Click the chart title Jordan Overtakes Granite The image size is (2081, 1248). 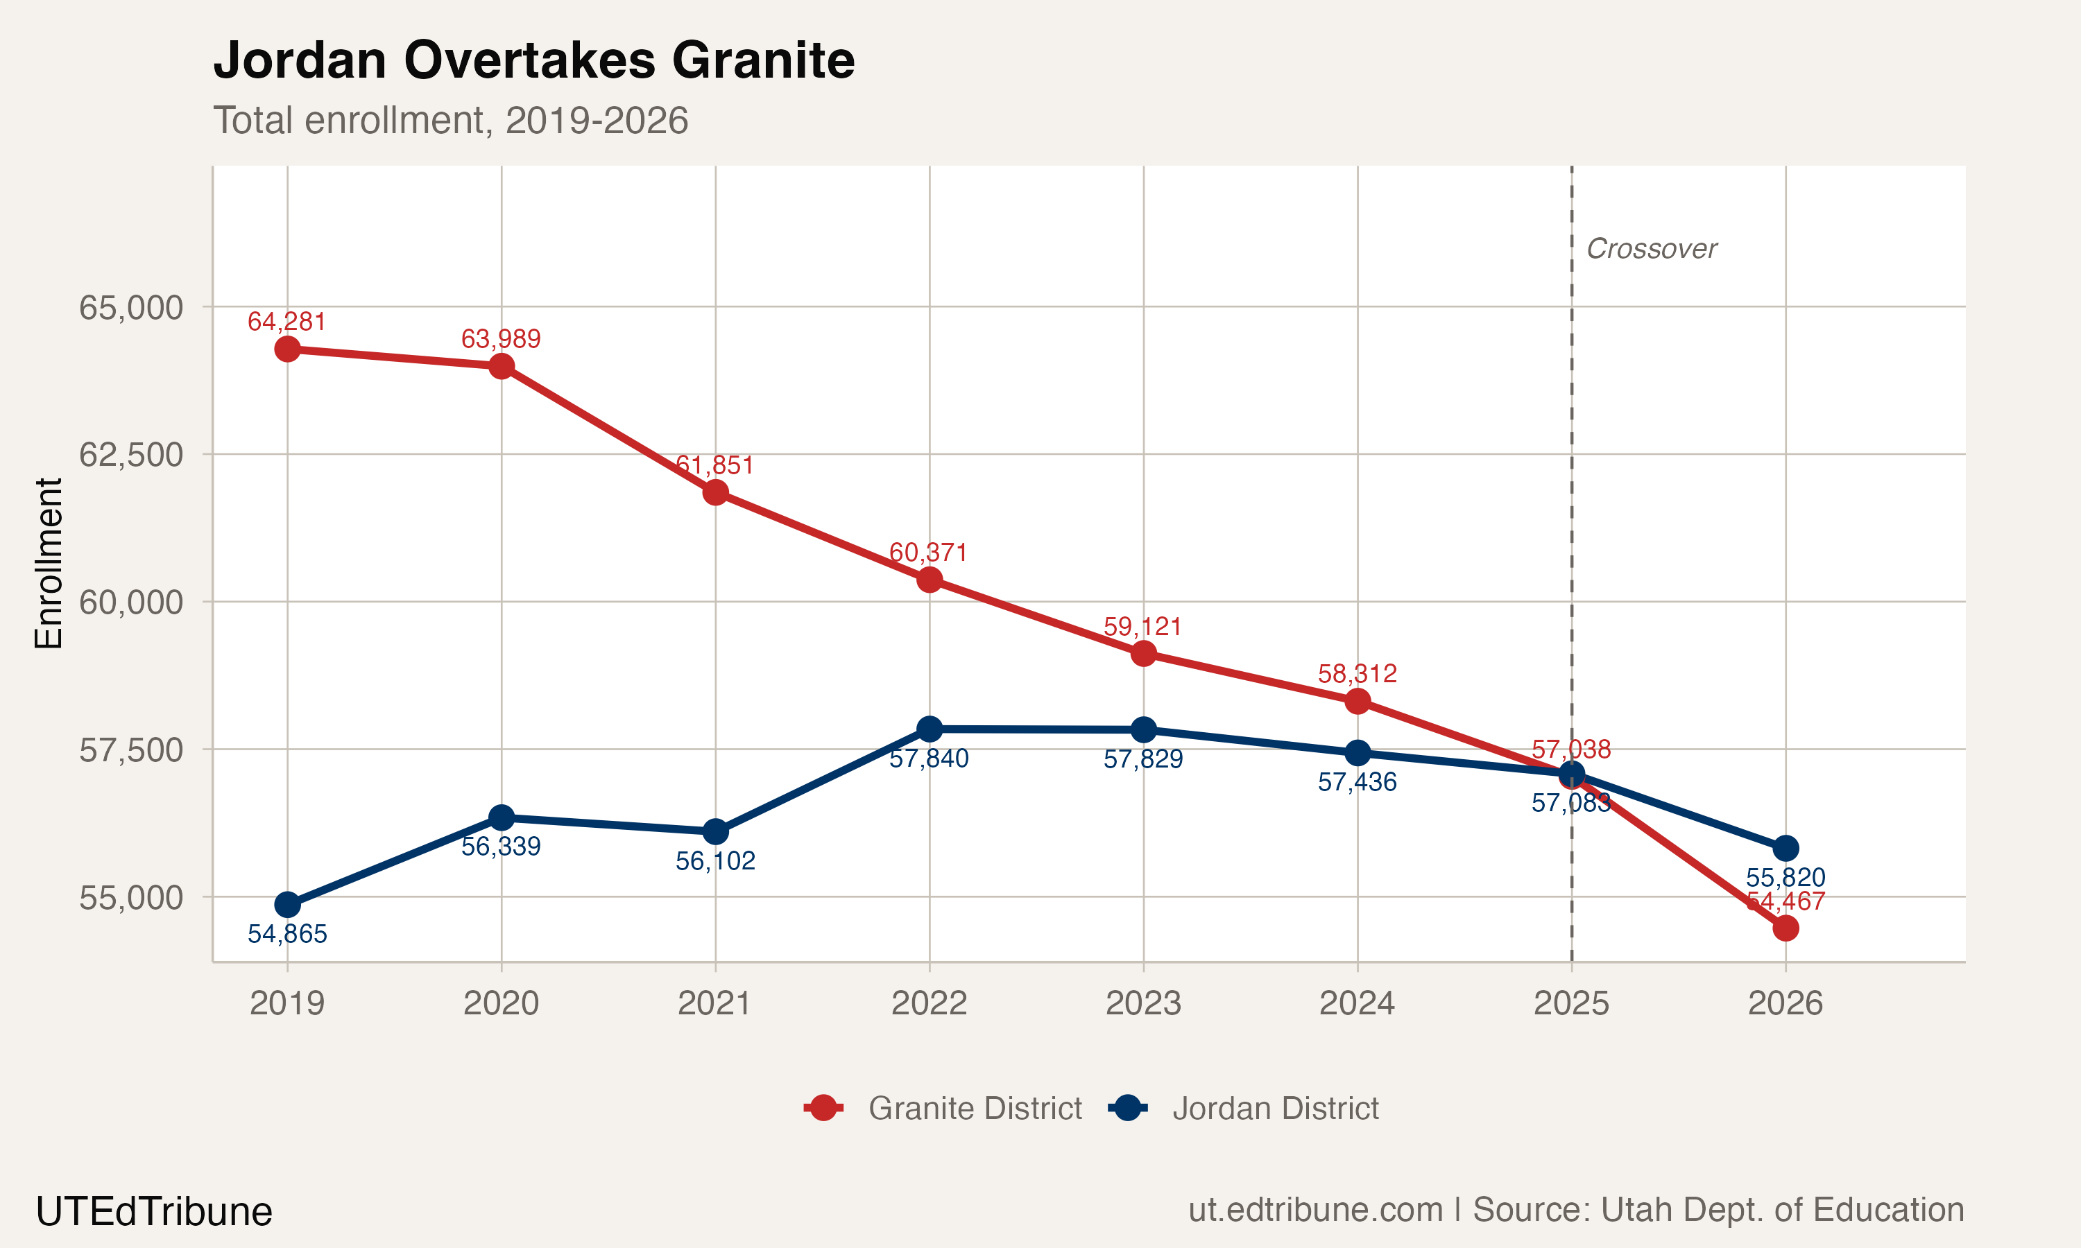click(534, 60)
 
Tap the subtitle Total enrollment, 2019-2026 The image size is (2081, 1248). click(451, 120)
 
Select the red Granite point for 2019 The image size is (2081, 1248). click(288, 349)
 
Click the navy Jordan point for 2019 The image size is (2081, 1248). click(288, 905)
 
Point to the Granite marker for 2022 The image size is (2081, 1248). click(930, 580)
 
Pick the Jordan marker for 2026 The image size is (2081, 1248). click(1785, 848)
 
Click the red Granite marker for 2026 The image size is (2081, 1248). click(1785, 928)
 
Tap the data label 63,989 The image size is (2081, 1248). click(502, 339)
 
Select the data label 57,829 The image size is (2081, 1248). click(1143, 760)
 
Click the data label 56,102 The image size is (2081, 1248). click(715, 861)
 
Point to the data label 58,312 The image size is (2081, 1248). click(1357, 674)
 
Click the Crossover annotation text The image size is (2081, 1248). click(1651, 249)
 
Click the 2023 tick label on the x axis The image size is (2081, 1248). click(1143, 1003)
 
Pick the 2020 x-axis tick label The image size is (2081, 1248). click(502, 1003)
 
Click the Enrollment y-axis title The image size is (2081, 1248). click(49, 564)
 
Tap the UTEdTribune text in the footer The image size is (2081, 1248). click(154, 1212)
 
